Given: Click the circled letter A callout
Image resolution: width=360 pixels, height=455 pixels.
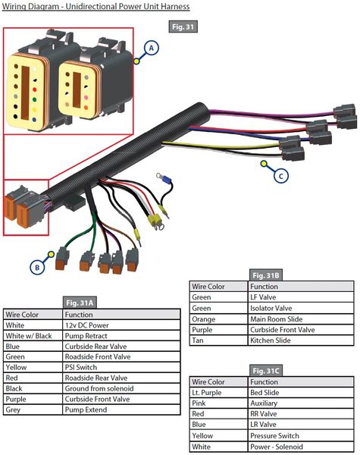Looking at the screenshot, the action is click(x=151, y=48).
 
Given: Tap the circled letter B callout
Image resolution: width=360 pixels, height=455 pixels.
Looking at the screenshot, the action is click(x=37, y=267).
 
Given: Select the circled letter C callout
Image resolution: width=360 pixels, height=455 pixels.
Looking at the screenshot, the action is click(x=281, y=176).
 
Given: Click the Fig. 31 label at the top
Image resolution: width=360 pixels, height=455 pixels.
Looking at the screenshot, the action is click(x=183, y=27).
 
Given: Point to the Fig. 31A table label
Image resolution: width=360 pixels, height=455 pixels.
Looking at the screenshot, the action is click(x=80, y=303).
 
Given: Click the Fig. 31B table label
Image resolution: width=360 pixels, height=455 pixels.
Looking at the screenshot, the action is click(x=265, y=275).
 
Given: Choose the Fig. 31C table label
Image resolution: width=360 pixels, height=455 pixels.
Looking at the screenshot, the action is click(x=265, y=371).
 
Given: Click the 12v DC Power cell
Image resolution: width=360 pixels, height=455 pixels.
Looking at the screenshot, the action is click(x=121, y=325).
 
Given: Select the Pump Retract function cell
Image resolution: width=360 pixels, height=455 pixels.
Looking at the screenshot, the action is click(x=121, y=336).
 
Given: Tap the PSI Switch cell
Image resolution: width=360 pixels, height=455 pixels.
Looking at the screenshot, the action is click(x=121, y=367).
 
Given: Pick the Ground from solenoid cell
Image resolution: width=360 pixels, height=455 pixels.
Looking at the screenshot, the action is click(x=121, y=388).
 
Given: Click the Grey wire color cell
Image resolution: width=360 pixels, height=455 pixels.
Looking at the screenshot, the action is click(x=33, y=409).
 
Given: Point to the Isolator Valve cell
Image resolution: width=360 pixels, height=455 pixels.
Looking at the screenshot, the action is click(x=301, y=308).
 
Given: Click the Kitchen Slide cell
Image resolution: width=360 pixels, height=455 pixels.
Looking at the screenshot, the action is click(x=301, y=340).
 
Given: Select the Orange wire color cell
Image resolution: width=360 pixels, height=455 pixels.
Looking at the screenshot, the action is click(x=219, y=319).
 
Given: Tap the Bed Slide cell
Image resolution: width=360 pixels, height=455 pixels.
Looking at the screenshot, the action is click(x=301, y=392).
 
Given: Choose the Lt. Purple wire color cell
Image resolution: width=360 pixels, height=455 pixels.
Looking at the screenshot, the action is click(x=219, y=392).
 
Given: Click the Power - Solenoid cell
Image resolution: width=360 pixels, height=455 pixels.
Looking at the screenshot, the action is click(x=301, y=447).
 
